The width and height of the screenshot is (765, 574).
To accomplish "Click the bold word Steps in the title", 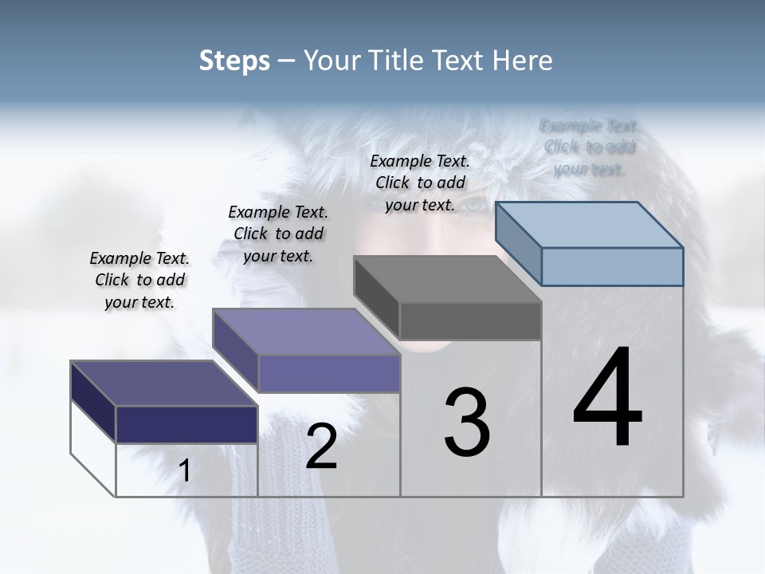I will [x=234, y=61].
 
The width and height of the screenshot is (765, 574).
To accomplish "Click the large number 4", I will [x=607, y=399].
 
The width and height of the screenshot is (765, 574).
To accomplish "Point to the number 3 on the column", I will [x=467, y=423].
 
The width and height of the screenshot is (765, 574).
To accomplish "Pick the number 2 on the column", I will [x=321, y=446].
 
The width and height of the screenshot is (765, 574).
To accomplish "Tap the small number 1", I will [x=185, y=470].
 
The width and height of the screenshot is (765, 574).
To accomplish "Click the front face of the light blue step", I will [x=612, y=266].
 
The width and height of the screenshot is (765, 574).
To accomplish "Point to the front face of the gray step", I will [x=470, y=320].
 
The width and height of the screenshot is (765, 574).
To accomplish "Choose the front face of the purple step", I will [x=329, y=373].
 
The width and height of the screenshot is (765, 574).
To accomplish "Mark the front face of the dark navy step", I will [x=186, y=424].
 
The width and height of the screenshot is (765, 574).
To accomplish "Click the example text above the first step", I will [x=139, y=280].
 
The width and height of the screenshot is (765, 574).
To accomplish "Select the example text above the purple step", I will [x=278, y=234].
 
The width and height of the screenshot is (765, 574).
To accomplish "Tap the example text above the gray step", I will [x=420, y=183].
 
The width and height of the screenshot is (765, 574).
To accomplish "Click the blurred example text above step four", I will [x=590, y=147].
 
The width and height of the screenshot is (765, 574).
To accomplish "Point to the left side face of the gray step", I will [x=376, y=291].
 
